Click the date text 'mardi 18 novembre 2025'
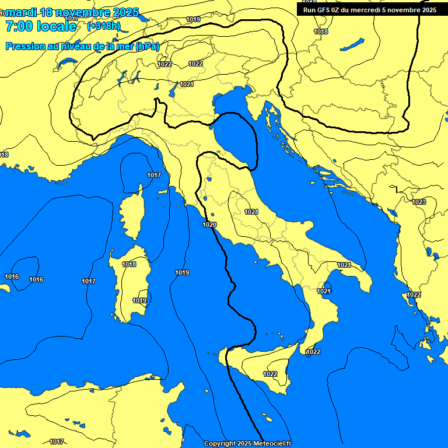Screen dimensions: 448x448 pyautogui.click(x=72, y=12)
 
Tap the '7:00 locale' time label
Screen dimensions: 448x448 pyautogui.click(x=41, y=26)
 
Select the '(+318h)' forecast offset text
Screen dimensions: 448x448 pyautogui.click(x=103, y=26)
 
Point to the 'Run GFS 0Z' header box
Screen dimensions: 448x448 pyautogui.click(x=369, y=9)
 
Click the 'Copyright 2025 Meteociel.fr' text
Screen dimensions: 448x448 pyautogui.click(x=247, y=443)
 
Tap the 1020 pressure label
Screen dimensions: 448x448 pyautogui.click(x=210, y=225)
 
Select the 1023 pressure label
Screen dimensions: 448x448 pyautogui.click(x=419, y=202)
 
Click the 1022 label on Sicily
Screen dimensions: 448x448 pyautogui.click(x=270, y=374)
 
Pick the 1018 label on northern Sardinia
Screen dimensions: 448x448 pyautogui.click(x=129, y=264)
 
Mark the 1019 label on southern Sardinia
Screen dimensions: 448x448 pyautogui.click(x=139, y=300)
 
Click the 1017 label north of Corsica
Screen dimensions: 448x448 pyautogui.click(x=154, y=175)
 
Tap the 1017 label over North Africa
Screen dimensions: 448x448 pyautogui.click(x=57, y=442)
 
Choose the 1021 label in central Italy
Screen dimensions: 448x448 pyautogui.click(x=251, y=212)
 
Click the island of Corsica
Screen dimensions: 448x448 pyautogui.click(x=132, y=213)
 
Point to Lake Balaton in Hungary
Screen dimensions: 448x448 pyautogui.click(x=352, y=44)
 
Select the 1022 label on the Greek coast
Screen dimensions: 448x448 pyautogui.click(x=414, y=295)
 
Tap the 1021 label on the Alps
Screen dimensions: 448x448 pyautogui.click(x=187, y=84)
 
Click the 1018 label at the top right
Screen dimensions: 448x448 pyautogui.click(x=321, y=32)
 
